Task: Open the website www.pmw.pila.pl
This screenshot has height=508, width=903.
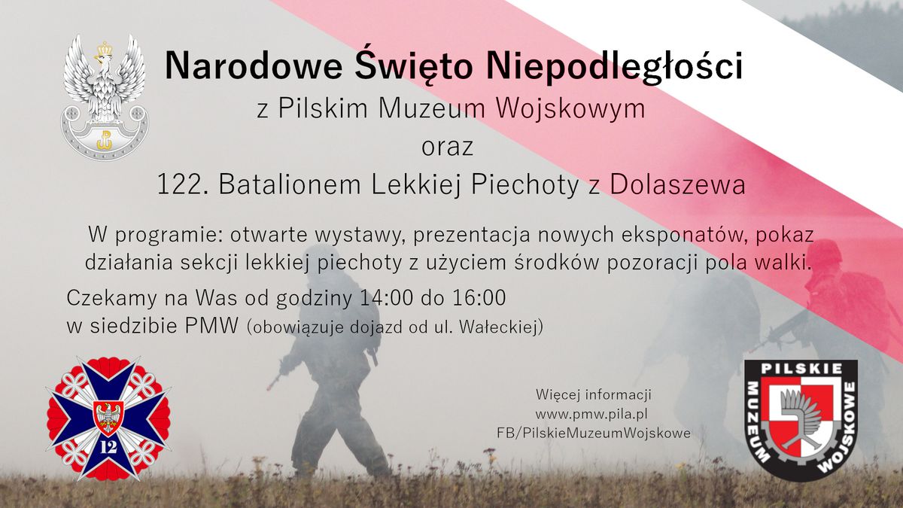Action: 592,414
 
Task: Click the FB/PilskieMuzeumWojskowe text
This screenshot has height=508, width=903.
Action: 593,433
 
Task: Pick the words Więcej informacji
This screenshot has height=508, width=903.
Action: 593,394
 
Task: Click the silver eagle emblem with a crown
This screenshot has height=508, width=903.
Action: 105,94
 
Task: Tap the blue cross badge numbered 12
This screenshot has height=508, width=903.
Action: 108,418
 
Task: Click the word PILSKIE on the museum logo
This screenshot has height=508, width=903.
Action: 801,370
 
